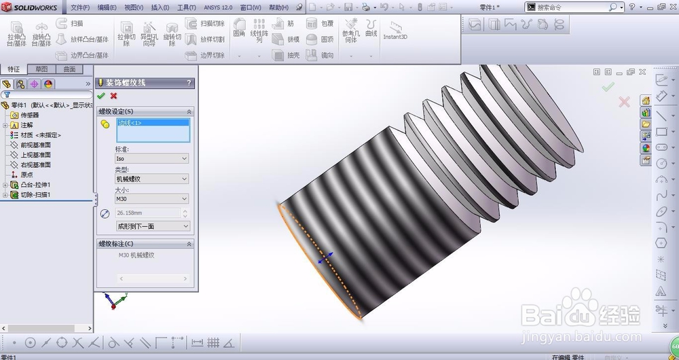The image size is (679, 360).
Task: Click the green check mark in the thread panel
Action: (x=101, y=96)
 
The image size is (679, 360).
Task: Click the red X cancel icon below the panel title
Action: (x=113, y=96)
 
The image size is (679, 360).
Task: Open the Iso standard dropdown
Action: (x=151, y=158)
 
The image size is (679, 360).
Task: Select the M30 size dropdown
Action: (x=151, y=199)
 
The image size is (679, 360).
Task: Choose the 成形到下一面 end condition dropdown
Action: (x=152, y=226)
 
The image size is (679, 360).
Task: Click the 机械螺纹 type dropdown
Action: (x=151, y=179)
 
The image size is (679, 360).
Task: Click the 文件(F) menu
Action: (x=80, y=7)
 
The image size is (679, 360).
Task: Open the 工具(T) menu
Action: (x=186, y=7)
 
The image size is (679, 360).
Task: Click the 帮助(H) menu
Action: (x=278, y=7)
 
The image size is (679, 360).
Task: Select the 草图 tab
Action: (x=41, y=69)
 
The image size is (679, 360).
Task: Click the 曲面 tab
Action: (x=69, y=69)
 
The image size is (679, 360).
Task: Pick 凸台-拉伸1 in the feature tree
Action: (x=35, y=185)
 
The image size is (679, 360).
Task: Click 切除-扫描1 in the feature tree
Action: (x=35, y=195)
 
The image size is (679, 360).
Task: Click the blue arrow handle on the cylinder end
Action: (x=327, y=257)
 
